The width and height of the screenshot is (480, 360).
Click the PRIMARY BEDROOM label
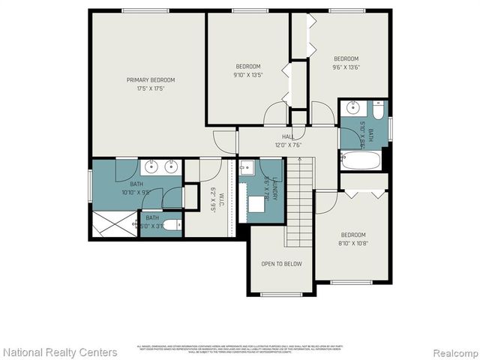(x=150, y=79)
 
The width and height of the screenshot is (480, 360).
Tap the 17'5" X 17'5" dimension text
(x=150, y=88)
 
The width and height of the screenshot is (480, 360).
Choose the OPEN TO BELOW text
(x=281, y=264)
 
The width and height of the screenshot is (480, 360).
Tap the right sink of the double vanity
(x=171, y=166)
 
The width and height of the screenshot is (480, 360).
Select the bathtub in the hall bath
(x=361, y=160)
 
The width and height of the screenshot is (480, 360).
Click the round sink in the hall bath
(x=352, y=107)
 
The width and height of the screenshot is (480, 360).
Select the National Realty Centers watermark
(x=60, y=352)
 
